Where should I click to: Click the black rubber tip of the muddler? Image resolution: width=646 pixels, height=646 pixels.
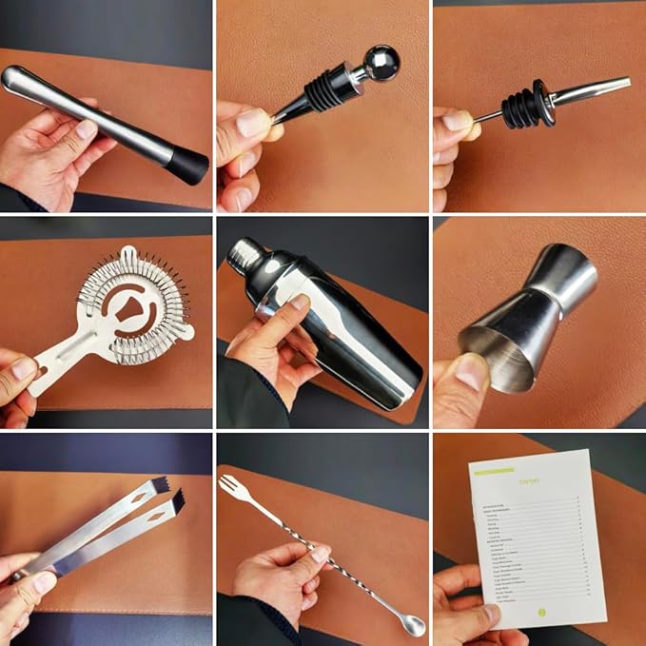[191, 166]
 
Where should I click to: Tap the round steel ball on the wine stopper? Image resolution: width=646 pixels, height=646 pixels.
[382, 63]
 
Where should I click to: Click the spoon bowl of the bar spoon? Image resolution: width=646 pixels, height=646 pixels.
[413, 625]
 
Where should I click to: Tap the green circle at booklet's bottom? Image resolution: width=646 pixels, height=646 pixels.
[542, 612]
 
